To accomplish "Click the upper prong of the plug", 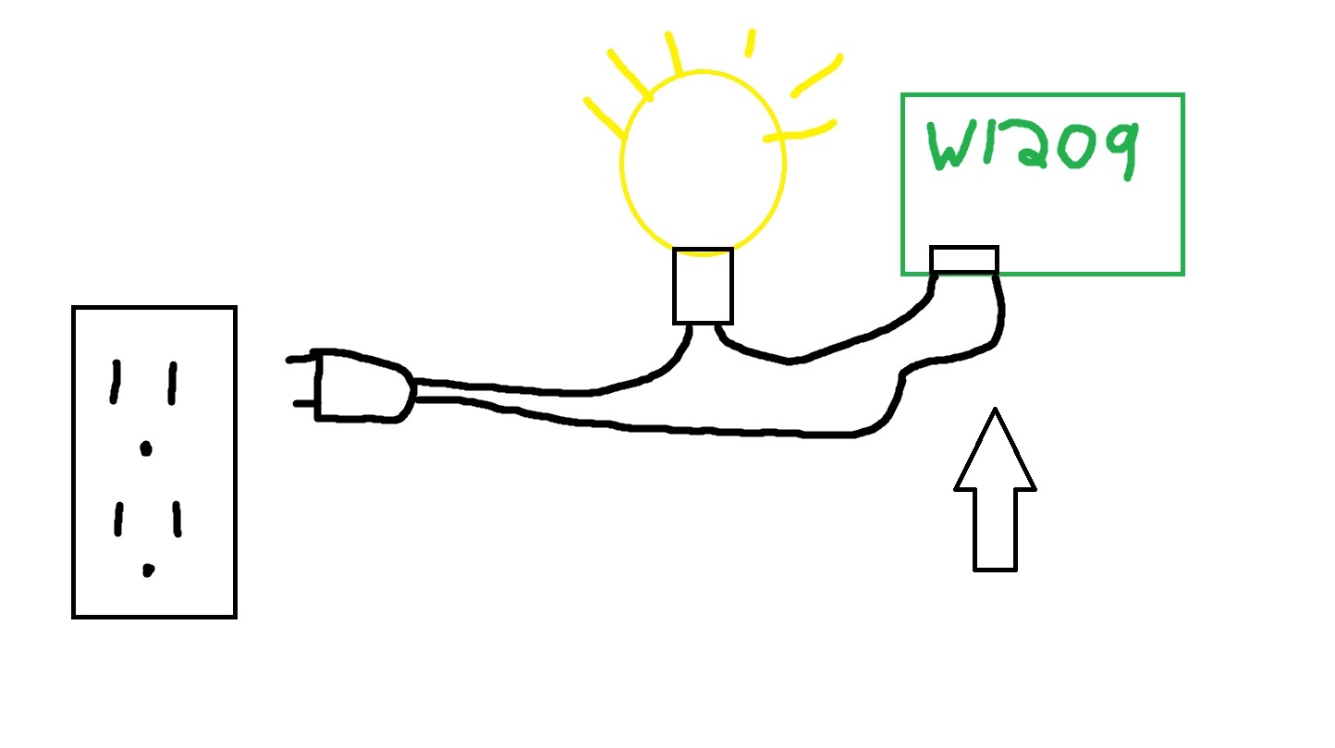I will tap(300, 359).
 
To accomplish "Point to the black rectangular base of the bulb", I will tap(703, 286).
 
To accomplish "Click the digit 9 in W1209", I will tap(1120, 148).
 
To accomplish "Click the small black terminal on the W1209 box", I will tap(963, 260).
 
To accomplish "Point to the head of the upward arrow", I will tap(995, 453).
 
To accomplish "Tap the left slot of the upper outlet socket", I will tap(116, 382).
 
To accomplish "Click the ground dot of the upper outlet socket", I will tap(144, 449).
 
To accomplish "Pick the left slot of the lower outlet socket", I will tap(118, 519).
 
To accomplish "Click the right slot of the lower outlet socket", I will tap(176, 519).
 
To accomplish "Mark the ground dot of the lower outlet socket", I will tap(148, 570).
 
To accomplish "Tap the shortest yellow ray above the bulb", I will tap(750, 43).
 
